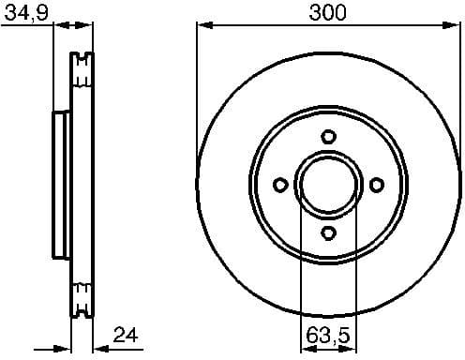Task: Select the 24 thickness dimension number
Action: pos(127,333)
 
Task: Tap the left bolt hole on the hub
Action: pos(278,185)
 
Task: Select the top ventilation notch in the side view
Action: pos(82,66)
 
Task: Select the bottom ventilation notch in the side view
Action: pos(82,301)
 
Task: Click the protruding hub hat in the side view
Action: pos(58,185)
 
